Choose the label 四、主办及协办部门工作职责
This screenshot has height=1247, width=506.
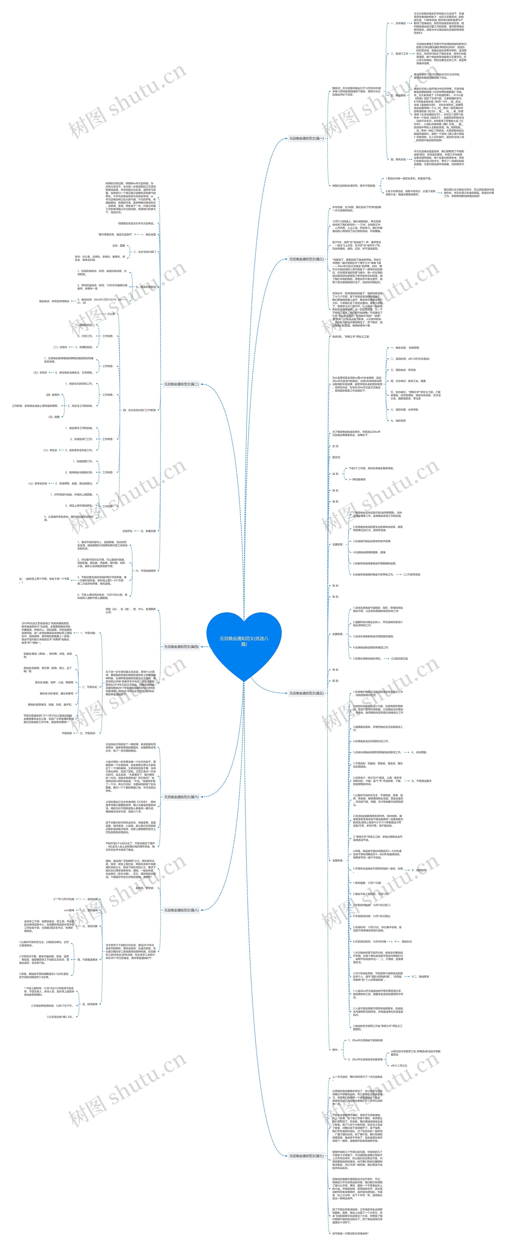coord(139,410)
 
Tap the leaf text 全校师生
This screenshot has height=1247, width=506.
coord(127,531)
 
